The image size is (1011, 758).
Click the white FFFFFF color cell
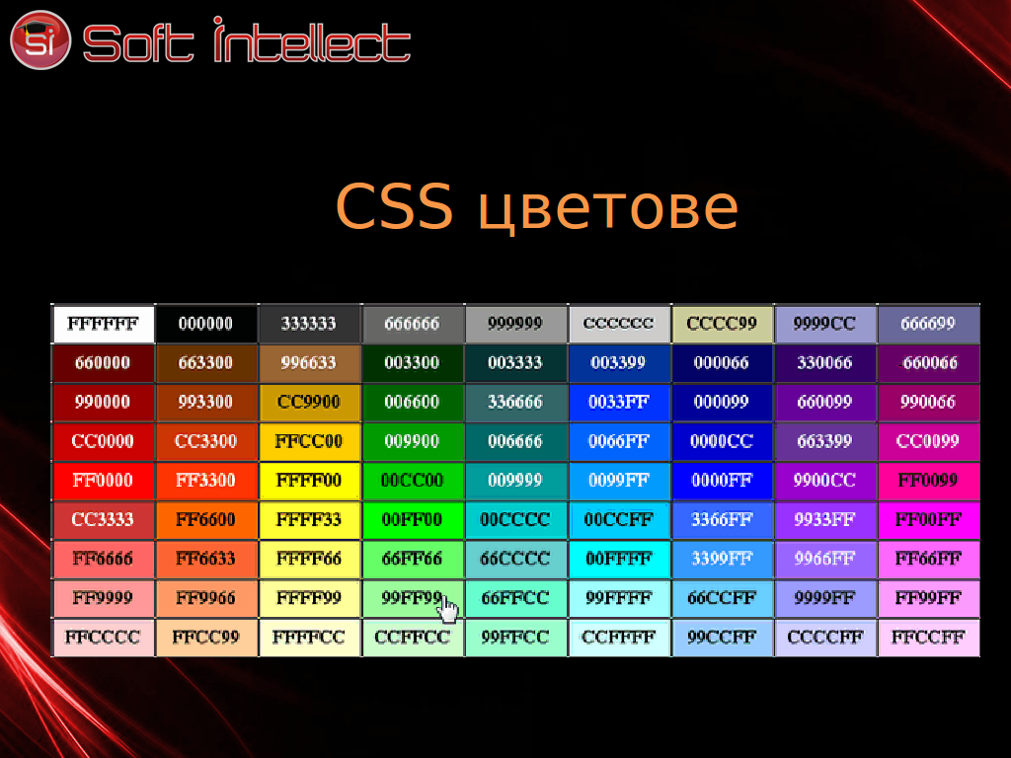coord(103,324)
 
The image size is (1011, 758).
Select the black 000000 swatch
coord(206,324)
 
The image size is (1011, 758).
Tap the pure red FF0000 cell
coord(103,481)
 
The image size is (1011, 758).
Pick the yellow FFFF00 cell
coord(309,481)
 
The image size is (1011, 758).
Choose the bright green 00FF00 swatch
coord(413,519)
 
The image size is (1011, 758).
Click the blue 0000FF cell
coord(722,481)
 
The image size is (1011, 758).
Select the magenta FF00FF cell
coord(929,519)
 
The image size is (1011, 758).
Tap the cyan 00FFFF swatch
coord(619,559)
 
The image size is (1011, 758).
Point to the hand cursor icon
coord(448,609)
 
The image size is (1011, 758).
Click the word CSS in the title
coord(394,206)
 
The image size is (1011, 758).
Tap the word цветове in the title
coord(608,210)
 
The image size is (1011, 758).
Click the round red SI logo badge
coord(39,39)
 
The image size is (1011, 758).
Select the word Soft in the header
coord(138,43)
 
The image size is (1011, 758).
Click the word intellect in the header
coord(312,39)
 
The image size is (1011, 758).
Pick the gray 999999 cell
coord(515,324)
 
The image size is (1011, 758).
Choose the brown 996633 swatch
coord(309,363)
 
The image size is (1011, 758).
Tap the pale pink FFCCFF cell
coord(929,638)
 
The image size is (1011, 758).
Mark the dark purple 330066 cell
coord(825,363)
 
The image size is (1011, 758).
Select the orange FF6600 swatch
coord(206,519)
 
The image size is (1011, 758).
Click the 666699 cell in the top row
coord(929,324)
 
